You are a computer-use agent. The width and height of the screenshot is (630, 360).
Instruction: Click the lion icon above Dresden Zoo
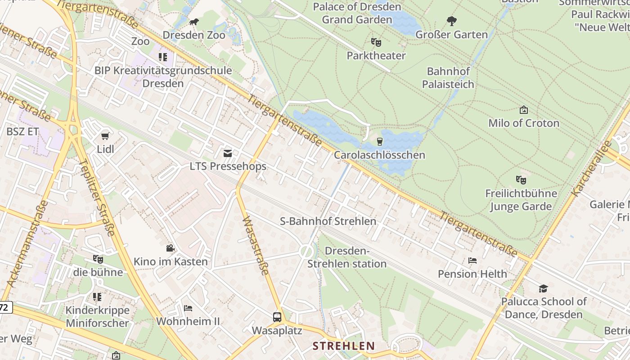coord(193,22)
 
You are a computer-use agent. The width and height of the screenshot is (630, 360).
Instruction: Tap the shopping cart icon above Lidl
coord(105,136)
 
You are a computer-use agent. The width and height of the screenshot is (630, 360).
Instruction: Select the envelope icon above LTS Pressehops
coord(228,153)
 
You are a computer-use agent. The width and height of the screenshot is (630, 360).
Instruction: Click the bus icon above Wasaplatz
coord(277,317)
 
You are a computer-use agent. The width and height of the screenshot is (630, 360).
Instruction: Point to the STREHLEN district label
coord(344,346)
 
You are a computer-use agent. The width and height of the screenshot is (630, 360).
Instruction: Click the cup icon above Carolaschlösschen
coord(380,142)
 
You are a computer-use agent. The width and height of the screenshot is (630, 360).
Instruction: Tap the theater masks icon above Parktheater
coord(376,43)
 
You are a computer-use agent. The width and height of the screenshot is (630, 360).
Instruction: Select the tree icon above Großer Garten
coord(451,21)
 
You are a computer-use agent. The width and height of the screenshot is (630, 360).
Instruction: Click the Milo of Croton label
coord(524,123)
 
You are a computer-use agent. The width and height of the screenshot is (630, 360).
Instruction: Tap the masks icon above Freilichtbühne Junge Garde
coord(521,180)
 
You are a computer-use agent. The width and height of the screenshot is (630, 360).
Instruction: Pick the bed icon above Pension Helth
coord(472,261)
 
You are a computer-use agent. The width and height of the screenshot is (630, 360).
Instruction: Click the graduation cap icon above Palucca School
coord(544,288)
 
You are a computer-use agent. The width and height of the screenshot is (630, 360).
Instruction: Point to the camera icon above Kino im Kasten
coord(170,248)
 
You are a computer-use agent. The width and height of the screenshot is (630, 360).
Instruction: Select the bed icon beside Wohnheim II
coord(188,308)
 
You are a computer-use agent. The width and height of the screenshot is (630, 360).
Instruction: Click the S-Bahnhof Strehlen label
coord(328,221)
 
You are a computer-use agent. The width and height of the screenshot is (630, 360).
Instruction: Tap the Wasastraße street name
coord(256,245)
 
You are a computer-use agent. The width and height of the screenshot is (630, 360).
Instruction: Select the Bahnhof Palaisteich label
coord(450,78)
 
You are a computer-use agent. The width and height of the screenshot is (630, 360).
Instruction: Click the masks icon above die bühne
coord(98,259)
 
